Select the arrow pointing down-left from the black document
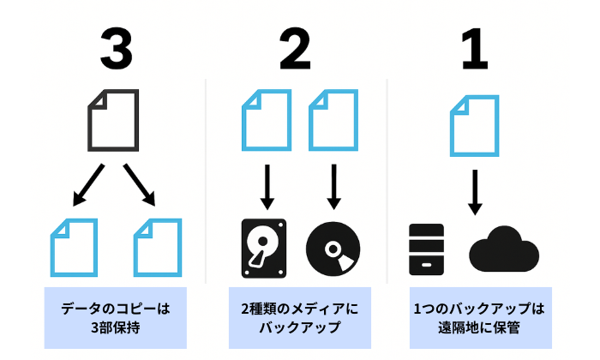pos(89,186)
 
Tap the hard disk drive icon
pos(267,248)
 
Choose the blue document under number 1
pos(474,125)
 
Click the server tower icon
pos(427,249)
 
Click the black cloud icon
pos(505,250)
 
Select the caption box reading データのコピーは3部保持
pos(115,317)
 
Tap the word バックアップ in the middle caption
pos(296,327)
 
